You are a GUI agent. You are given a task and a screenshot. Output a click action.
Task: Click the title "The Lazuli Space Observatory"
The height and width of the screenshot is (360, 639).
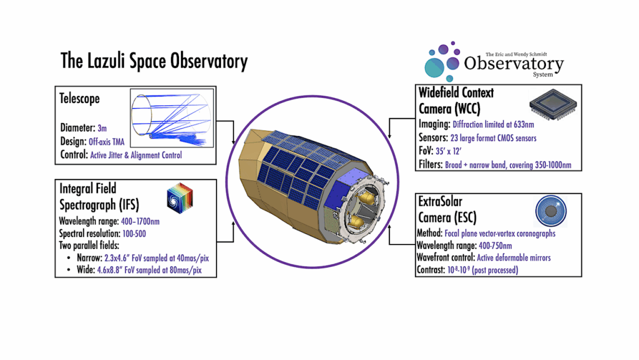[x=154, y=61]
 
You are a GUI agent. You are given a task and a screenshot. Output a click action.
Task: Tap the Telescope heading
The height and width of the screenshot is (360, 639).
[x=79, y=99]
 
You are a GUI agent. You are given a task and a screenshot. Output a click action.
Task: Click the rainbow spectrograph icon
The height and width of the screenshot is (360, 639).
[x=184, y=200]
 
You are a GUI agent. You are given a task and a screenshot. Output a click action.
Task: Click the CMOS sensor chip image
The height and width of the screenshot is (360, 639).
[x=552, y=105]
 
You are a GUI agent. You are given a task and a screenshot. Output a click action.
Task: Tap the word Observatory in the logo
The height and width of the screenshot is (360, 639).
[x=514, y=64]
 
